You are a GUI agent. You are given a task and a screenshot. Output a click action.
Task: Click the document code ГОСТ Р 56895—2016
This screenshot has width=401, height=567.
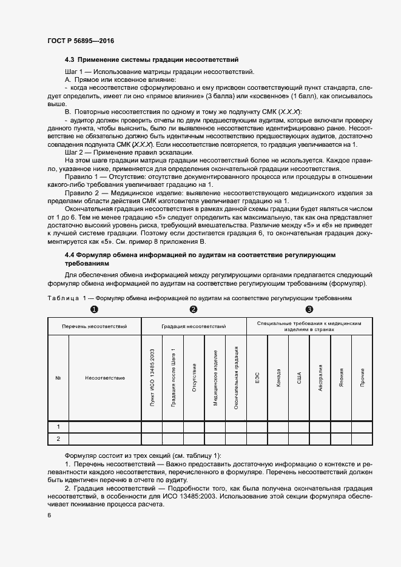pos(80,41)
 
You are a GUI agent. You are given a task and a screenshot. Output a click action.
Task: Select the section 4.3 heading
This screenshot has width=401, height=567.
pos(152,60)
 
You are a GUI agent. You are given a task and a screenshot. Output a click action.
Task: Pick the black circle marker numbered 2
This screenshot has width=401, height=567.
pos(194,310)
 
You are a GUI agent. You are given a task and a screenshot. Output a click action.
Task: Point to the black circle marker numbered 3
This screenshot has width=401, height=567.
pos(309,310)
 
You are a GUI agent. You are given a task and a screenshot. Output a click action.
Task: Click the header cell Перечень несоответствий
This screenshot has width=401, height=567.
pos(94,327)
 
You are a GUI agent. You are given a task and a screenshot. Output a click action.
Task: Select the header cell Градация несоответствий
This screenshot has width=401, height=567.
pos(194,327)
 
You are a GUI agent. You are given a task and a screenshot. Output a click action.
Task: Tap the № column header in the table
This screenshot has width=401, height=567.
pos(58,378)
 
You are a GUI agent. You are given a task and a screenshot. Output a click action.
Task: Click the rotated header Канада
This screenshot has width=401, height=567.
pos(278,378)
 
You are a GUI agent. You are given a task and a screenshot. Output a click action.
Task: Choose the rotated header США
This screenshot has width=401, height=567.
pos(299,378)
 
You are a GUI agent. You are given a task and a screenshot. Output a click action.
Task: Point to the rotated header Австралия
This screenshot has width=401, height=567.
pos(320,378)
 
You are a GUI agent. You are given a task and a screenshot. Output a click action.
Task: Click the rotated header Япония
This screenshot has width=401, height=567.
pos(342,378)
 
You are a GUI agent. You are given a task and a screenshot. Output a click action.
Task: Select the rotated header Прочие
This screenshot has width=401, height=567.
pos(362,378)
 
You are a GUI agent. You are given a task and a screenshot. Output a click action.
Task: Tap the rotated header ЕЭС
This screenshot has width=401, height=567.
pos(257,378)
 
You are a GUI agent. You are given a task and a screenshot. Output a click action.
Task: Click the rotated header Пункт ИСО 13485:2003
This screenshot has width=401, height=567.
pos(152,378)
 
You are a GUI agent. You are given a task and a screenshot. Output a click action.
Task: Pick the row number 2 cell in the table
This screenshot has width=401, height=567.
pos(58,438)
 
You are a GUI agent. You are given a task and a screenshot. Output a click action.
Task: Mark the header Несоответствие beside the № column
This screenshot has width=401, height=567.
pos(105,378)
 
